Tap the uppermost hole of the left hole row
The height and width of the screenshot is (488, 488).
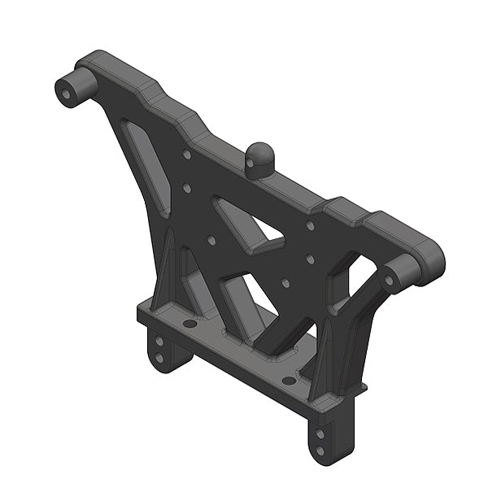coord(187,153)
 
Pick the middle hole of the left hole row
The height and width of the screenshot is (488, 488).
coord(187,188)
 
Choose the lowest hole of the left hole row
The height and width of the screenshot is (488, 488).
coord(211,240)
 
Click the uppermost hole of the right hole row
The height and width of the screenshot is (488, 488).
coord(310,225)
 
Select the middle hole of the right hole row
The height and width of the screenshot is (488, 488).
coord(309,260)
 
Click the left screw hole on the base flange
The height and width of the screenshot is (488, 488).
coord(190,323)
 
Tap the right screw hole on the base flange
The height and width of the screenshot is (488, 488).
coord(289,380)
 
